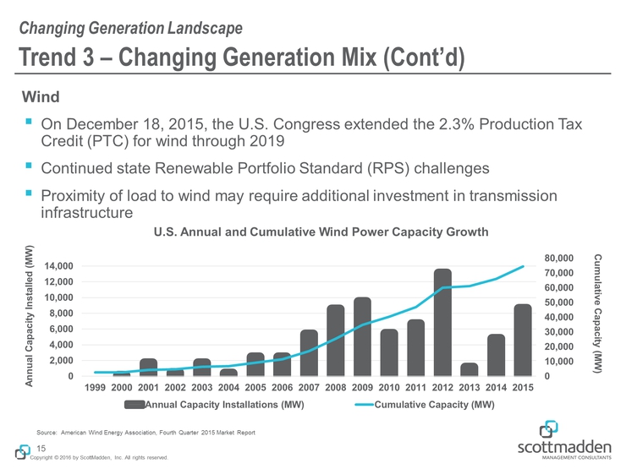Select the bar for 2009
pyautogui.click(x=363, y=336)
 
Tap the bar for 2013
pyautogui.click(x=469, y=369)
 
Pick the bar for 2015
pyautogui.click(x=523, y=340)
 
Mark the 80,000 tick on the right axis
pyautogui.click(x=559, y=258)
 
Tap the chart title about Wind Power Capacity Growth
pyautogui.click(x=321, y=232)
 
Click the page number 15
pyautogui.click(x=41, y=447)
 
